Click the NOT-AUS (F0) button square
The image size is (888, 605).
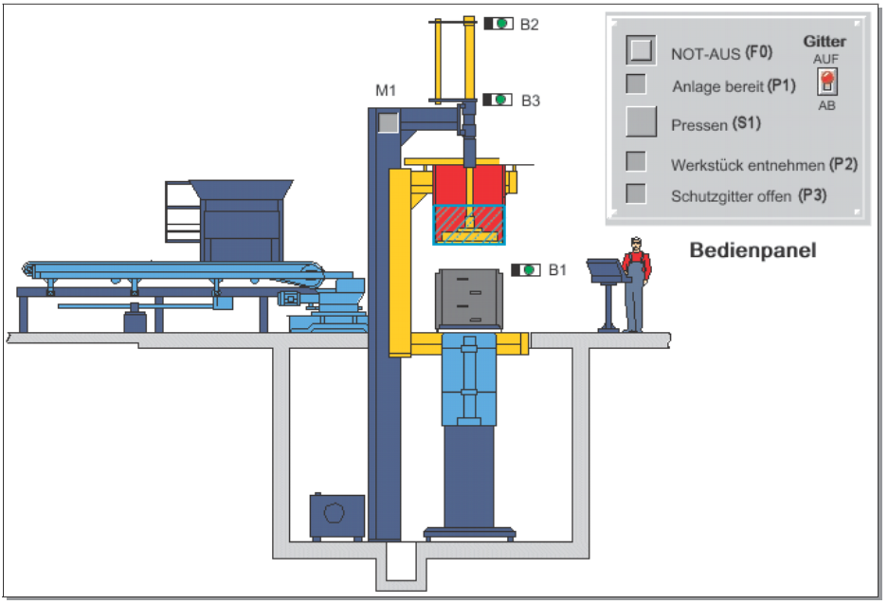641,50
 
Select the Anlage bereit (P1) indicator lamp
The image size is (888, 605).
637,84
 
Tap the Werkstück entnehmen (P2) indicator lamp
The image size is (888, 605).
637,162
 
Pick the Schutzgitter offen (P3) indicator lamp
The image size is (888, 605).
637,194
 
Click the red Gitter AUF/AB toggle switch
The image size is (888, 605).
826,81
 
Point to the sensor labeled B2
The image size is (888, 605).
498,24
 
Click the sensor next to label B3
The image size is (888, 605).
498,99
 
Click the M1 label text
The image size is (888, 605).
384,91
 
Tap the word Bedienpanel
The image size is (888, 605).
752,251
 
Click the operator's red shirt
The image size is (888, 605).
636,262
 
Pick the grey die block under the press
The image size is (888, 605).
468,300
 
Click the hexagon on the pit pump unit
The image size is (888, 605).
337,518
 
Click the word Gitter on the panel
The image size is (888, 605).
825,42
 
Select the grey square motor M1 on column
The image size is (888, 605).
387,121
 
